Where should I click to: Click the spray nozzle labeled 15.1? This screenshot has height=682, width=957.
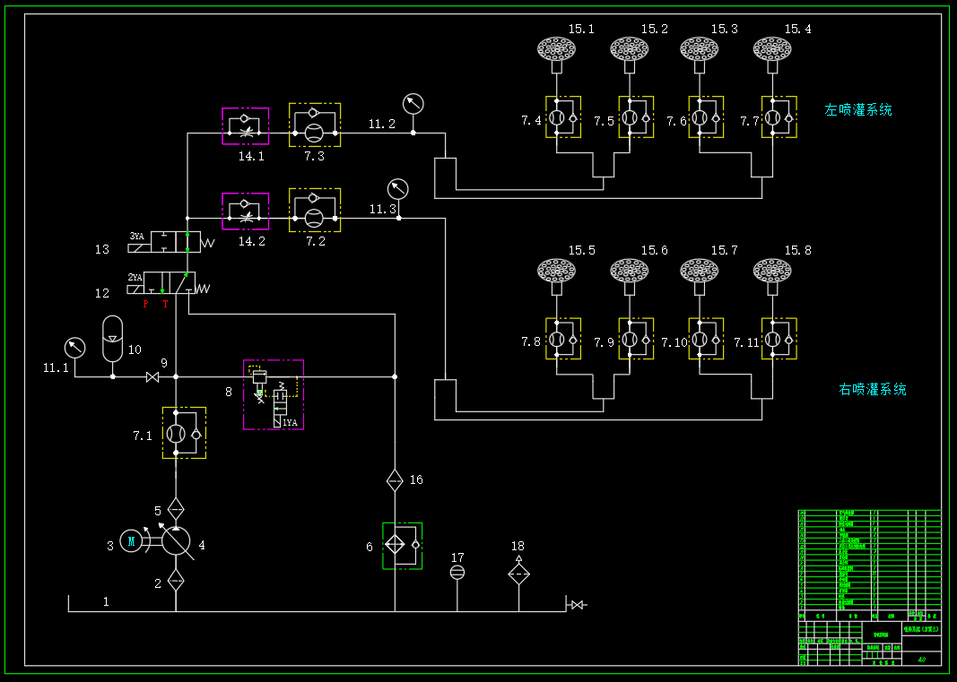click(x=556, y=48)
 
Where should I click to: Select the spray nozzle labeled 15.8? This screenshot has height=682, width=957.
click(x=771, y=270)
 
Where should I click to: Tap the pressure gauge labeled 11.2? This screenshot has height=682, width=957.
click(x=413, y=103)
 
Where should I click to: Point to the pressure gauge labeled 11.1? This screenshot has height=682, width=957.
click(x=74, y=347)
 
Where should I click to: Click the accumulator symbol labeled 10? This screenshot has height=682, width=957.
click(x=112, y=339)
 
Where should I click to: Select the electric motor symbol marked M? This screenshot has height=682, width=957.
click(x=131, y=540)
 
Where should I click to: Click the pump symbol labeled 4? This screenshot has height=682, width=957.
click(x=176, y=540)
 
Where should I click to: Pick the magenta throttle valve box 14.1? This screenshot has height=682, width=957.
click(x=245, y=126)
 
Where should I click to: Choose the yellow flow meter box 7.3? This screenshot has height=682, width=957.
click(x=314, y=125)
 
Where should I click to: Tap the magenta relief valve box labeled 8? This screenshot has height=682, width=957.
click(x=274, y=394)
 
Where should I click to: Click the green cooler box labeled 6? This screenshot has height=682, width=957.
click(x=402, y=545)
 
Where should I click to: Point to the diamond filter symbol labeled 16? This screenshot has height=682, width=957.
click(x=395, y=480)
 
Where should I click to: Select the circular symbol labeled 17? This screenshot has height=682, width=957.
click(x=457, y=572)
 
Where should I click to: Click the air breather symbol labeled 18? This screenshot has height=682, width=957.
click(x=518, y=572)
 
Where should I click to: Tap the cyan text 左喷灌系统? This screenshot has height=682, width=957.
click(x=857, y=110)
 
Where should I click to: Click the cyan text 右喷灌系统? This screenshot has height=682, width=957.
click(x=872, y=390)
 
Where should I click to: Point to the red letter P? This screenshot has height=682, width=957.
click(x=146, y=305)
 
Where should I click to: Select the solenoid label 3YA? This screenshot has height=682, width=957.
click(x=136, y=236)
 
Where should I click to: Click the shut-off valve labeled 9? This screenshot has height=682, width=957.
click(x=152, y=377)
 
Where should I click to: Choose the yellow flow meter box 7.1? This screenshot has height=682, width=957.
click(x=184, y=433)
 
